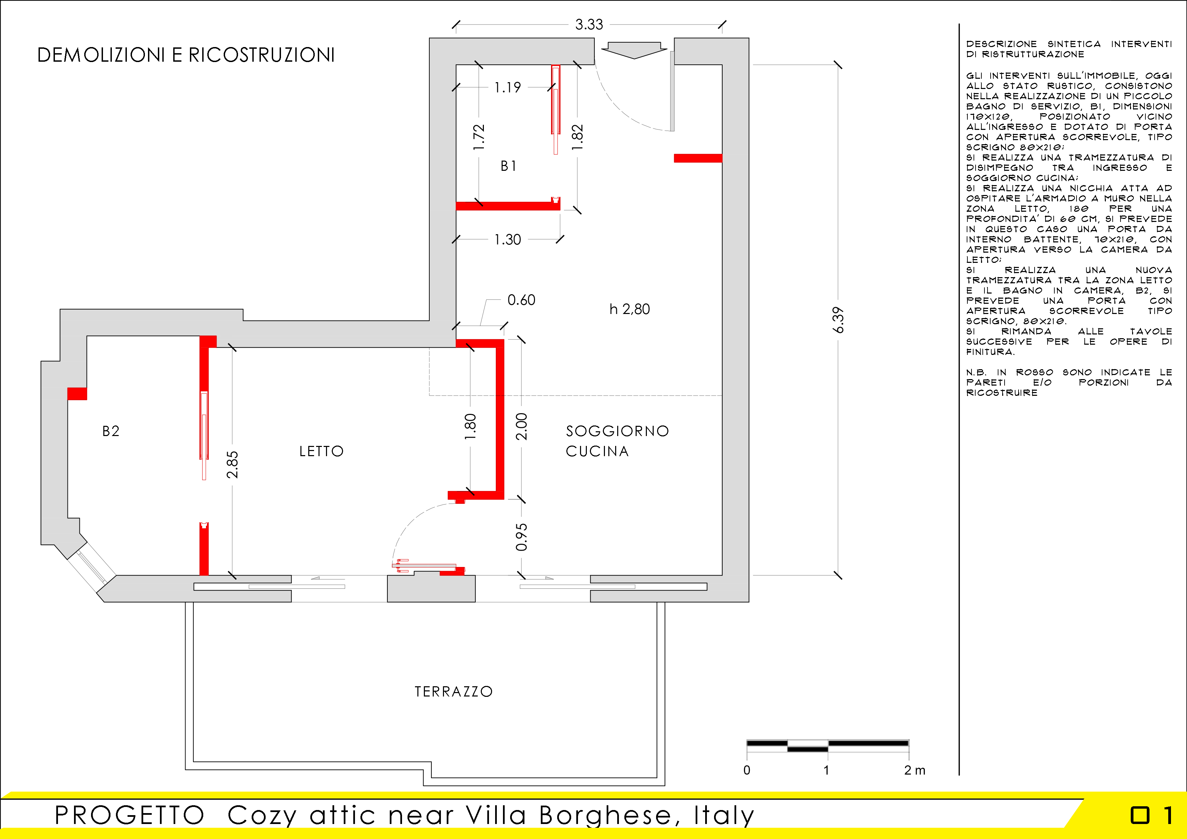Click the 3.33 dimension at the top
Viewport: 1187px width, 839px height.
(x=589, y=24)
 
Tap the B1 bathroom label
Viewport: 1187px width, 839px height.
(x=508, y=166)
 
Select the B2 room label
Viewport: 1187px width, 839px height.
(x=110, y=431)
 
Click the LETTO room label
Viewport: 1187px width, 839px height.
(x=321, y=451)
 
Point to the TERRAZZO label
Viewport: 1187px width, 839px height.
(x=454, y=692)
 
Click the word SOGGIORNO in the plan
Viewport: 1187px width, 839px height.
(x=617, y=431)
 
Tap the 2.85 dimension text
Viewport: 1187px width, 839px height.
(x=232, y=464)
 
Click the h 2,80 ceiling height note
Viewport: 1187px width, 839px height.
(x=629, y=309)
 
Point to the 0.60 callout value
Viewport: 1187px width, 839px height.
(x=521, y=300)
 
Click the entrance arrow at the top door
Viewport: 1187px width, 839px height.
(x=634, y=50)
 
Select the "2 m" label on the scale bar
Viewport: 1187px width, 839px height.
(x=915, y=770)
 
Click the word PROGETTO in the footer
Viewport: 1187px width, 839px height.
(x=130, y=815)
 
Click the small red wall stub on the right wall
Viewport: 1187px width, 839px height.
(x=698, y=158)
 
